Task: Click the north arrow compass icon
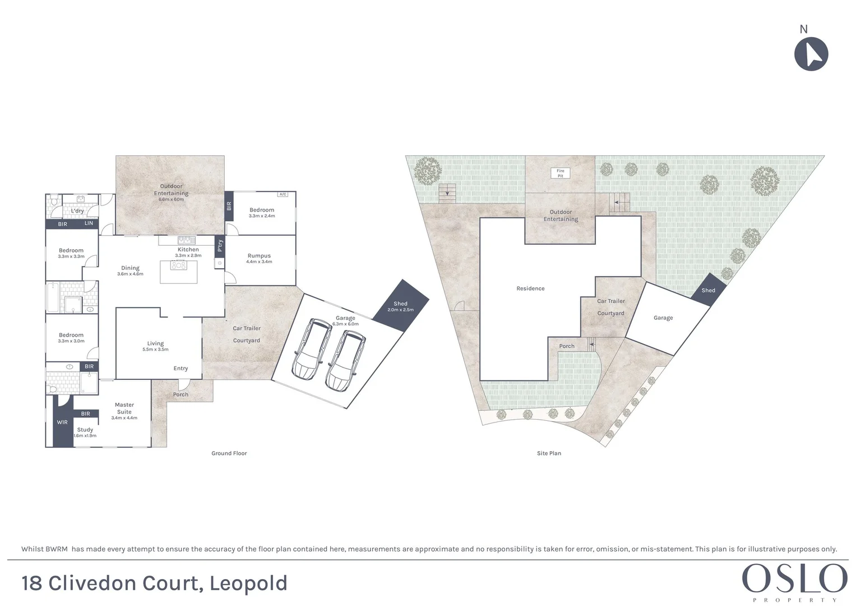pos(811,54)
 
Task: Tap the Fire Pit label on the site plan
pos(560,173)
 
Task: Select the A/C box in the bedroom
pos(282,195)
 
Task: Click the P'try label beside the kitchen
pos(220,245)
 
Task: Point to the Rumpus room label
pos(259,256)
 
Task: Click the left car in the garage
pos(312,348)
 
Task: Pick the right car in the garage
pos(345,360)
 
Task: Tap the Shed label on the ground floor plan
pos(400,304)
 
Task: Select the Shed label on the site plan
pos(708,291)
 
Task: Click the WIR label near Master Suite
pos(62,423)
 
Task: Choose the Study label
pos(85,430)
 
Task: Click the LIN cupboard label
pos(89,224)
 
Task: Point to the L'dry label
pos(77,212)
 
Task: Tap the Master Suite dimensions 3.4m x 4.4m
pos(124,418)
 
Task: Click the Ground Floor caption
pos(229,453)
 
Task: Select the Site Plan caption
pos(549,453)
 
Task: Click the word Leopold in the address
pos(248,584)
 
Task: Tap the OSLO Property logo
pos(794,582)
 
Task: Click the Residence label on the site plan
pos(530,289)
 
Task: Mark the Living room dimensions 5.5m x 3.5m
pos(155,350)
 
